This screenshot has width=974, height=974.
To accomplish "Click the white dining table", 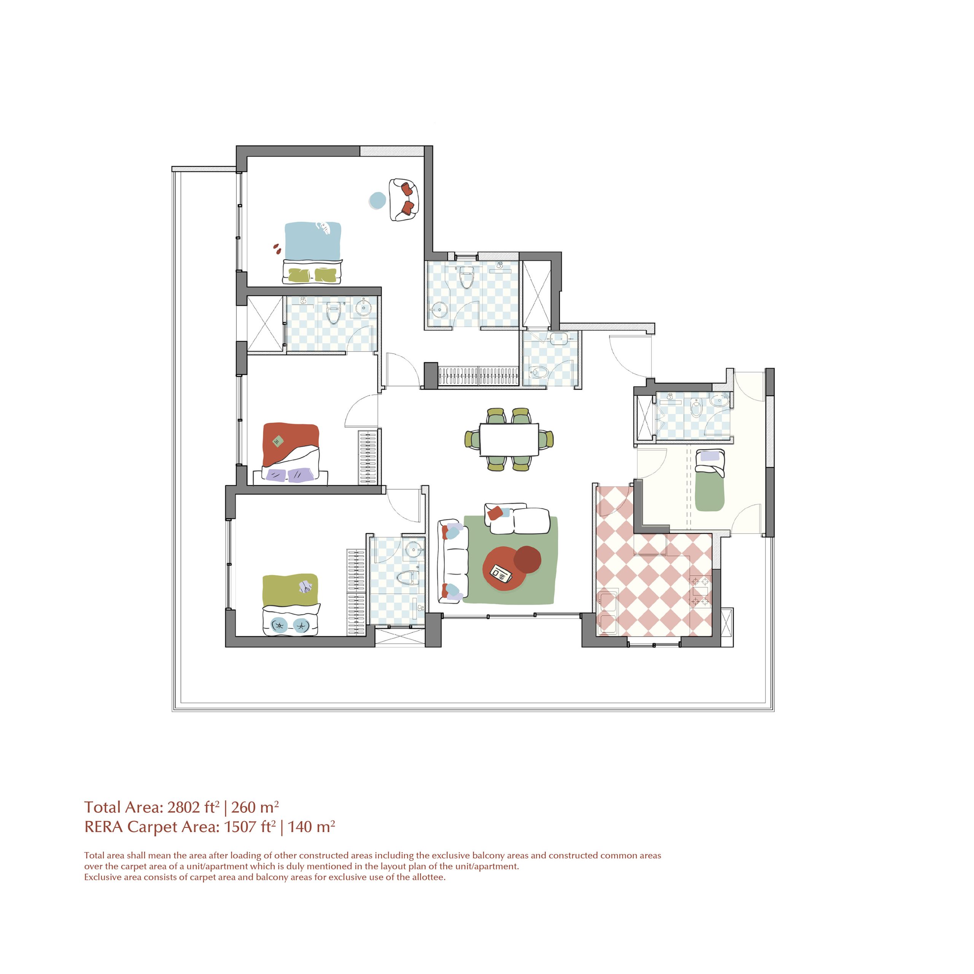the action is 509,439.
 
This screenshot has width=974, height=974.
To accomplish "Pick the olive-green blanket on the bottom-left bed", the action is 290,589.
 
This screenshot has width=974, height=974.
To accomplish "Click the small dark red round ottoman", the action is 527,559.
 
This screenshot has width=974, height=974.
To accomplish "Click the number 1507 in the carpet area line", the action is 240,827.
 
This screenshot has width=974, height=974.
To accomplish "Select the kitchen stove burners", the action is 701,591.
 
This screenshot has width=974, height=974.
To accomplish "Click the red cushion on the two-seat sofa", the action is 494,513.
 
